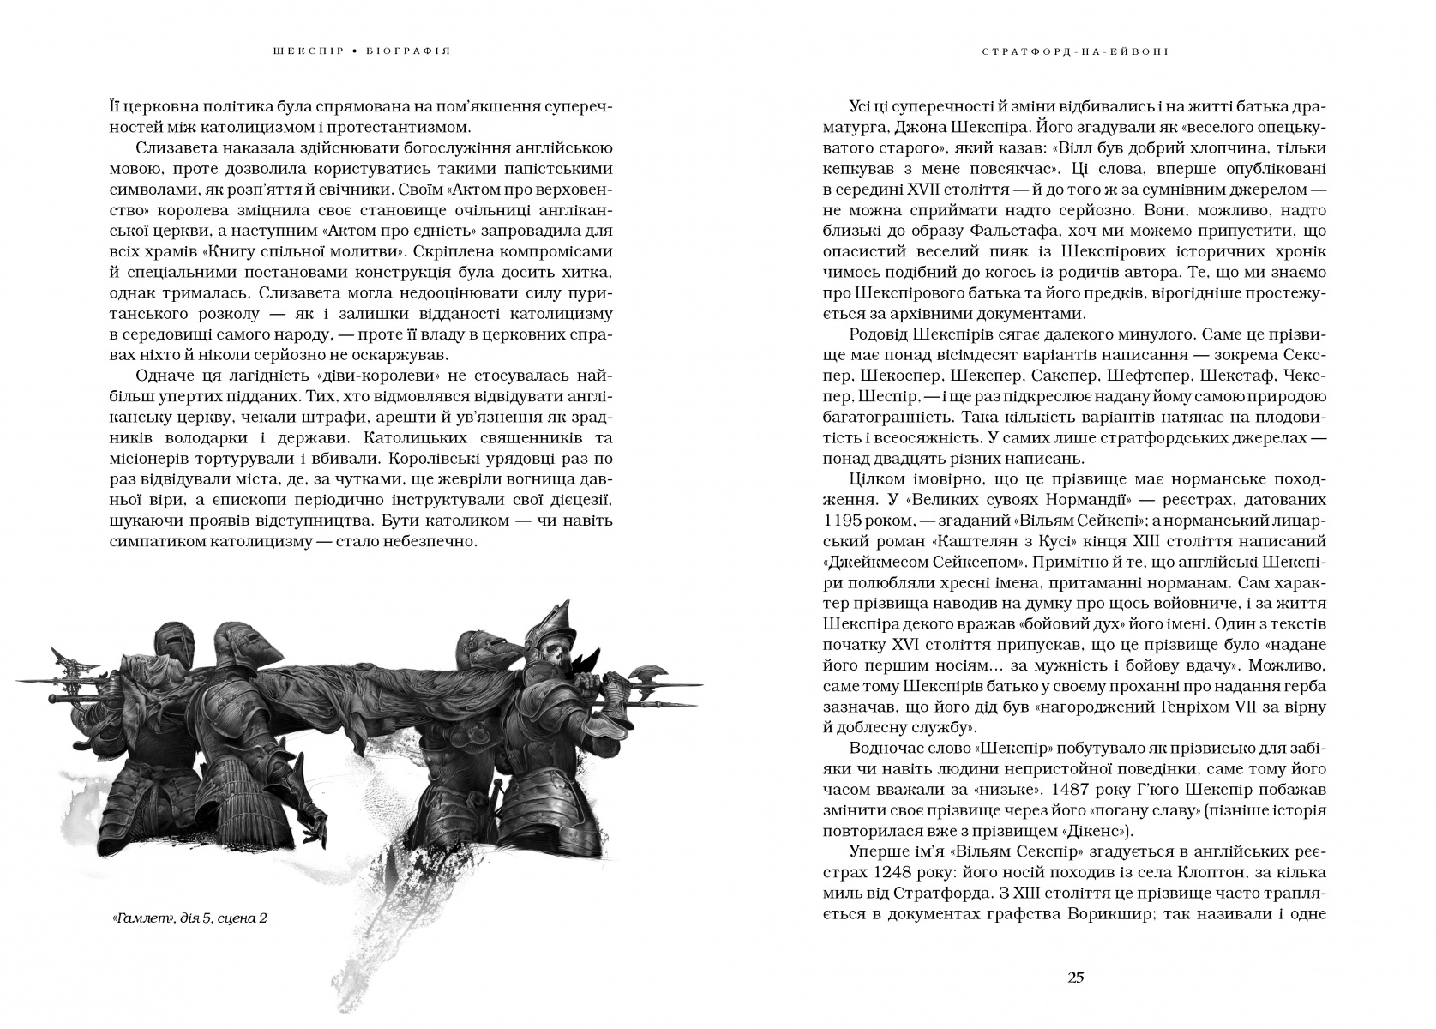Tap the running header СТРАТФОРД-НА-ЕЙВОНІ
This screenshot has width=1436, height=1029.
pos(1076,51)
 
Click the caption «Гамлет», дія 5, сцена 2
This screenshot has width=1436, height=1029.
pos(189,918)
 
